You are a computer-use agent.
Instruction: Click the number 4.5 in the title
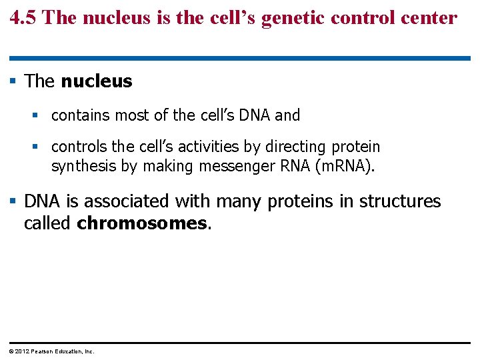coord(25,17)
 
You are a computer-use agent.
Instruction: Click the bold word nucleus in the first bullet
coord(97,81)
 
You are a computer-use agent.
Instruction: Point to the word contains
coord(81,115)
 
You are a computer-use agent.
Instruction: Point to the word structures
coord(400,201)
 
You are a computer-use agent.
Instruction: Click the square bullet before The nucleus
coord(14,82)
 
